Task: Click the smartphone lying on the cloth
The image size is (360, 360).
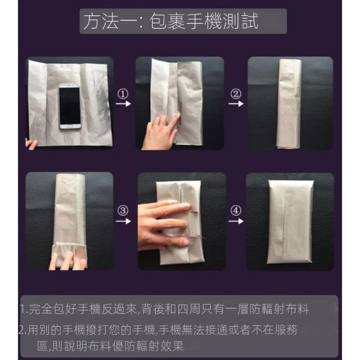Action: (70, 106)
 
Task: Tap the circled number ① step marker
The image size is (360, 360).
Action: (123, 94)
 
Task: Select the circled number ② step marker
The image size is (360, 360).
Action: (236, 94)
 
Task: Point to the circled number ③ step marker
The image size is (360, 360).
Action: (123, 210)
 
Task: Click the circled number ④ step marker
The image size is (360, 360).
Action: (236, 210)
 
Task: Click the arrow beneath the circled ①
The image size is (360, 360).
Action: (123, 103)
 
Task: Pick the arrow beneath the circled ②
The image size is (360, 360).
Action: (236, 103)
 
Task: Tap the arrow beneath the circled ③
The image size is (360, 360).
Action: (123, 221)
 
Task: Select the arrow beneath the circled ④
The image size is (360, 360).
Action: (236, 221)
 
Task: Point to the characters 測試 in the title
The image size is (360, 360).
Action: (241, 21)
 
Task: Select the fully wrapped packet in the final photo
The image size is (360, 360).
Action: (290, 222)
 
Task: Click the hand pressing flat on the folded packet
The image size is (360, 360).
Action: (164, 225)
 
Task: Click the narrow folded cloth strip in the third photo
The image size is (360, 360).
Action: (289, 103)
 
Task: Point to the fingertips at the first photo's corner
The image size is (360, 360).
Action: (31, 145)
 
